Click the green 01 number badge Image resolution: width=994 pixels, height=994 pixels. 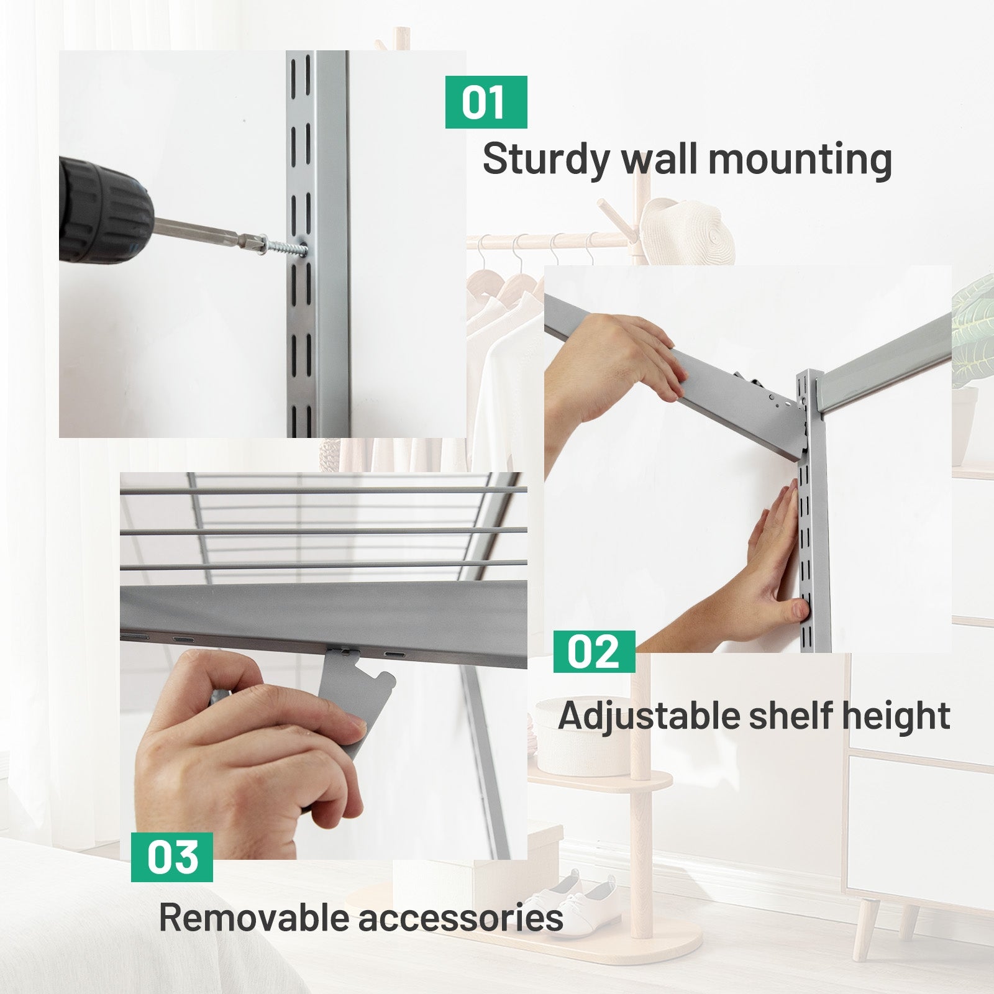point(486,103)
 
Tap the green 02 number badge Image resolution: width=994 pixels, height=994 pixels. point(594,652)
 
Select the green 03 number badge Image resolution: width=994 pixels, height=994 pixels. point(171,857)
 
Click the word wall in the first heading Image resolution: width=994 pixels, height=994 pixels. point(659,159)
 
